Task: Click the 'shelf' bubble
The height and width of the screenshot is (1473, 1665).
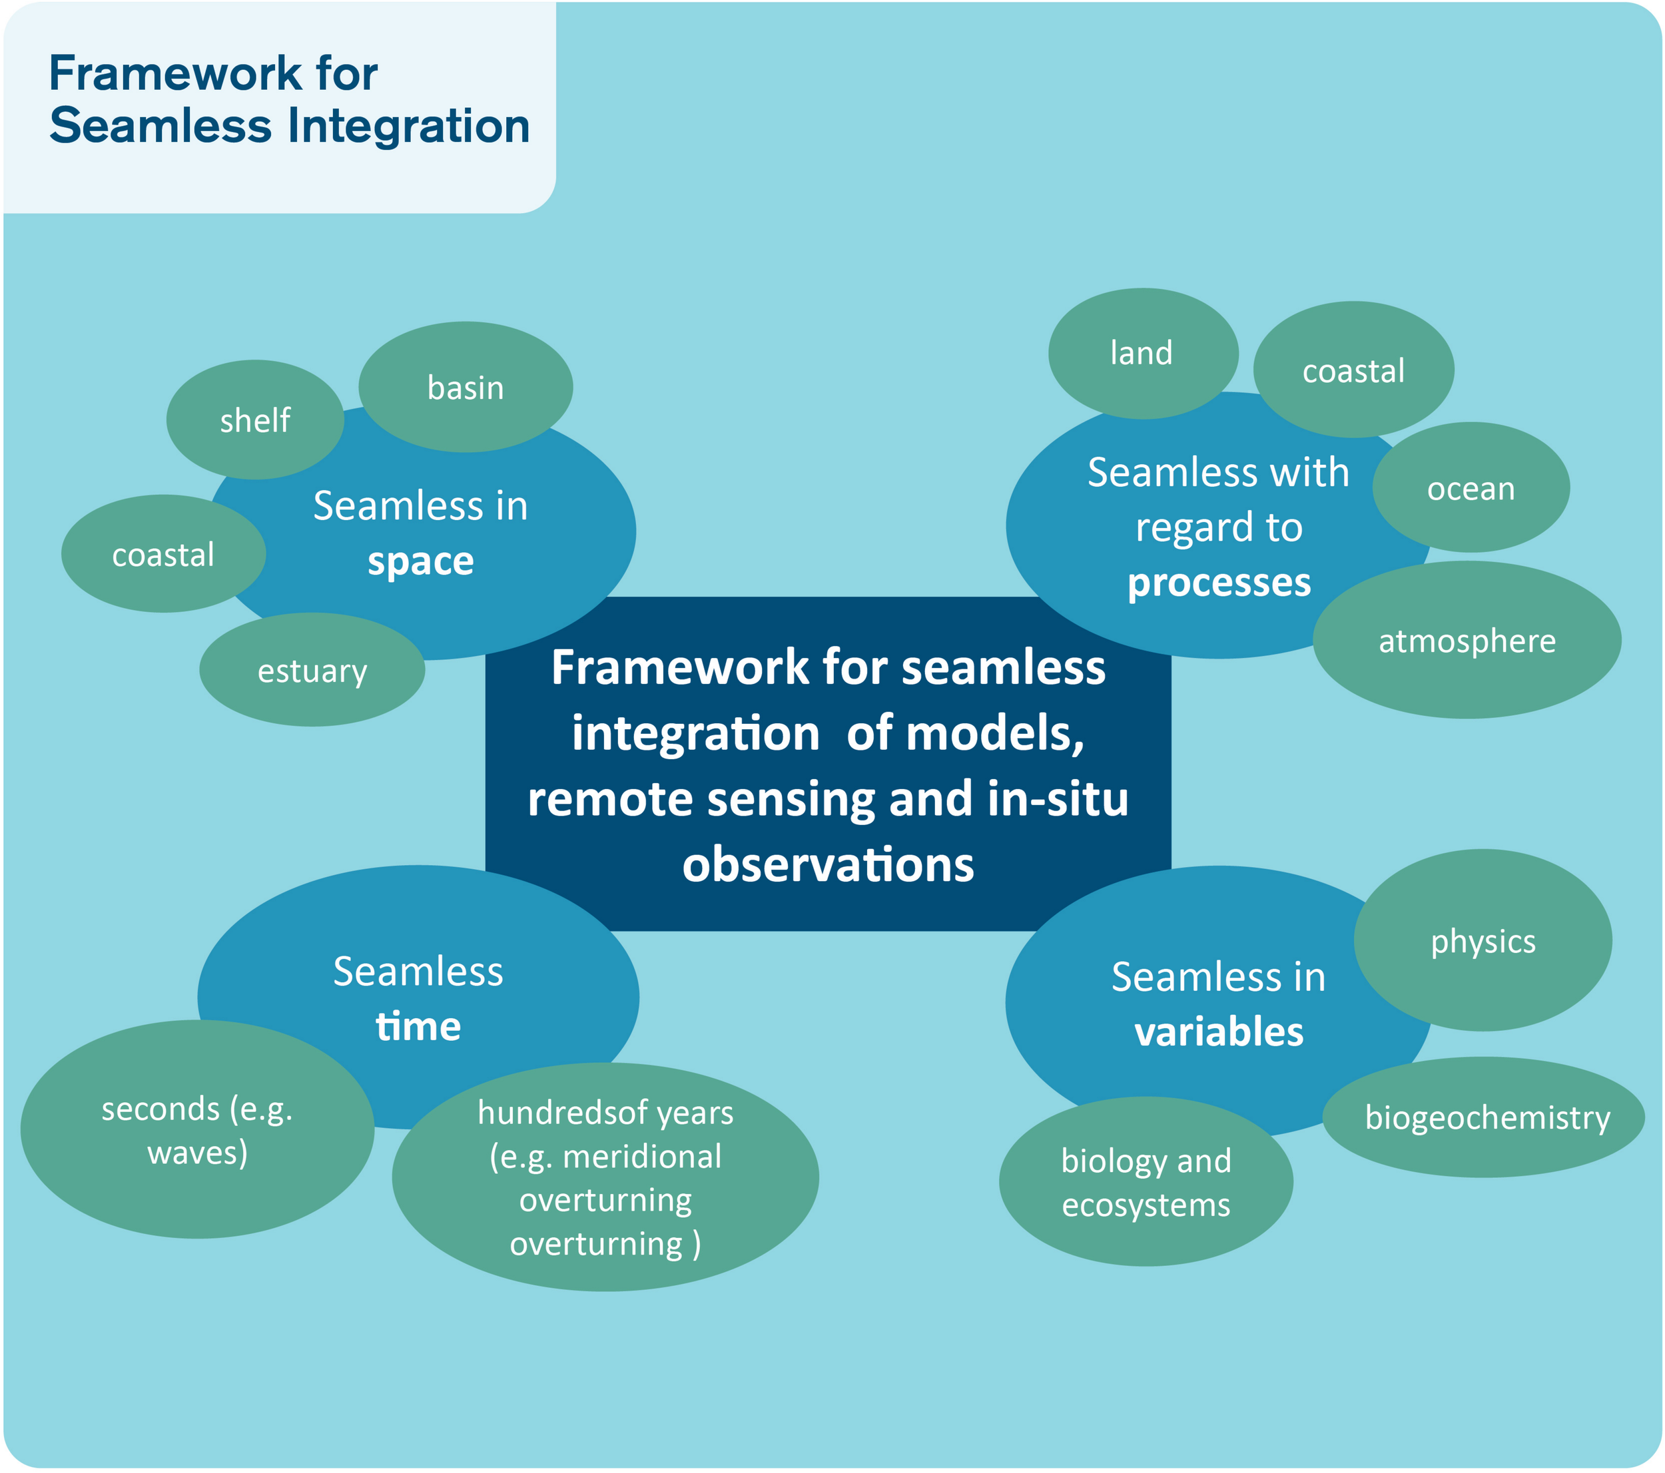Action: pyautogui.click(x=255, y=420)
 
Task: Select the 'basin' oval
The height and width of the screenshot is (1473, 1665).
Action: pyautogui.click(x=465, y=387)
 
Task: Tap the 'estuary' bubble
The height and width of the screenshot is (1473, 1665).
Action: pyautogui.click(x=312, y=669)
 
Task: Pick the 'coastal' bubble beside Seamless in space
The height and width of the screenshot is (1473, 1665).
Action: pyautogui.click(x=163, y=553)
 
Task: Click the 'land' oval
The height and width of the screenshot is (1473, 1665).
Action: pyautogui.click(x=1143, y=354)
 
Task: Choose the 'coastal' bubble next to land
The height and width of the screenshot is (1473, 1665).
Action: pyautogui.click(x=1353, y=370)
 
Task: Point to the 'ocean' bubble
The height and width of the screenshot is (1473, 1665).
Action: pyautogui.click(x=1471, y=487)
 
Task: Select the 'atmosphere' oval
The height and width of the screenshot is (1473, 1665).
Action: pyautogui.click(x=1467, y=639)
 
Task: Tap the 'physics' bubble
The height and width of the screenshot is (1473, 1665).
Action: pyautogui.click(x=1483, y=940)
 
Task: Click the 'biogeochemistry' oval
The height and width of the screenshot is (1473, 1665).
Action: pyautogui.click(x=1483, y=1116)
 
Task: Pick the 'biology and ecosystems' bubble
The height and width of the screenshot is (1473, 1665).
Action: pyautogui.click(x=1146, y=1181)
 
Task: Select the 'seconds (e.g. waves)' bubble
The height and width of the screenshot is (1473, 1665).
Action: pyautogui.click(x=197, y=1129)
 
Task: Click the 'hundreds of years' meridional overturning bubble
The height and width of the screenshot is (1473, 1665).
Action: pyautogui.click(x=605, y=1177)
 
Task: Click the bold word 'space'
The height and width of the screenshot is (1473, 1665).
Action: pyautogui.click(x=420, y=561)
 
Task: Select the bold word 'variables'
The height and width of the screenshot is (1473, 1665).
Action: pyautogui.click(x=1219, y=1031)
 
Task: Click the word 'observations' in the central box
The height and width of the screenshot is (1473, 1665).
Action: pyautogui.click(x=828, y=864)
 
